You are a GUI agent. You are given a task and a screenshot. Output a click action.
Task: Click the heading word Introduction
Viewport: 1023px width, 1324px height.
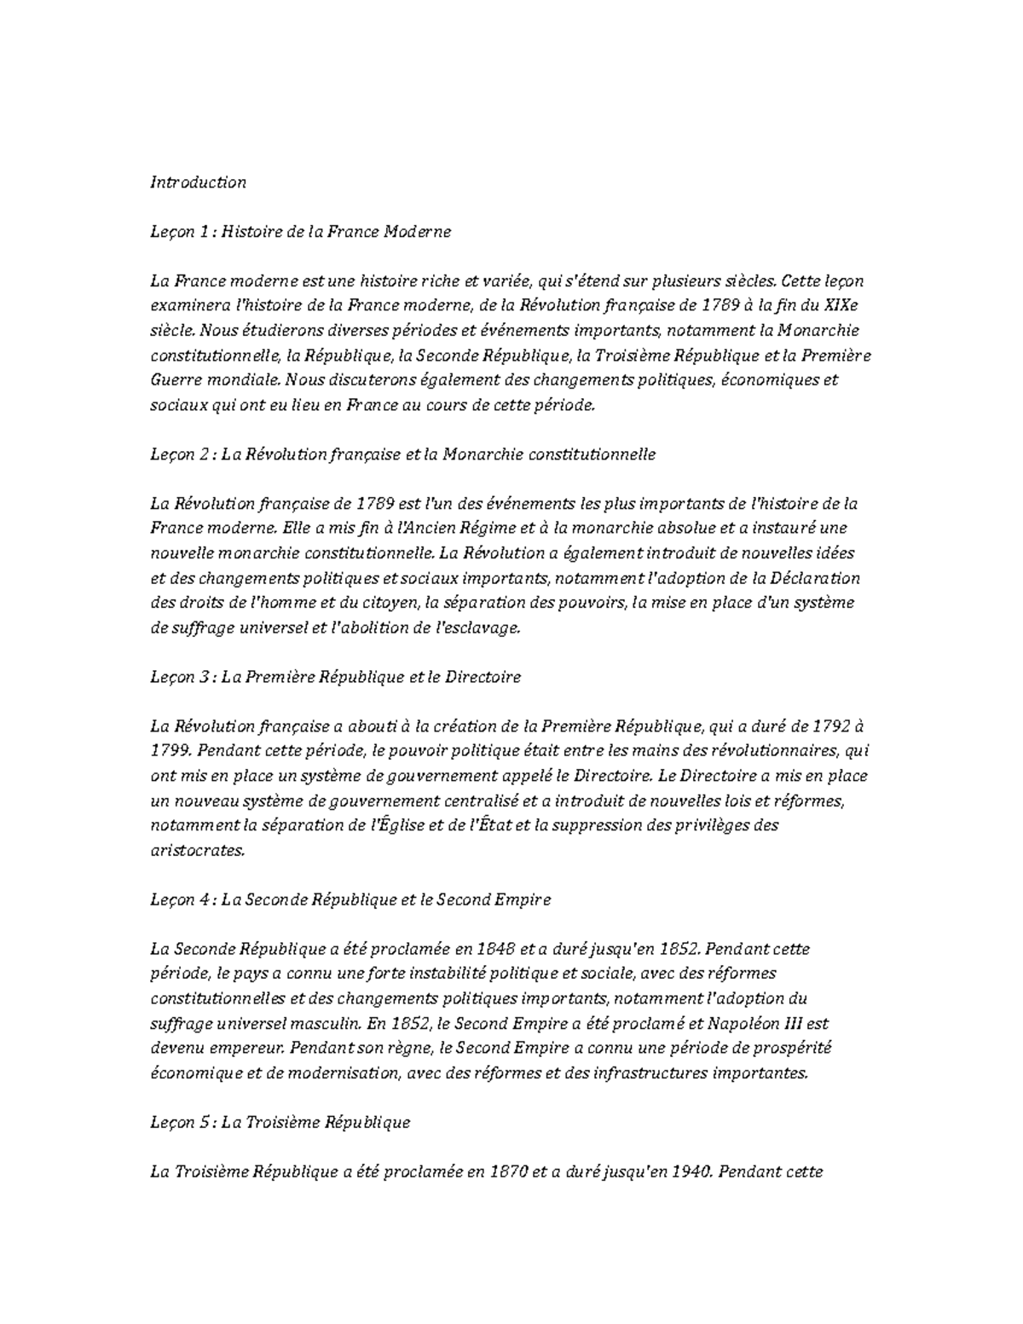pyautogui.click(x=198, y=182)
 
